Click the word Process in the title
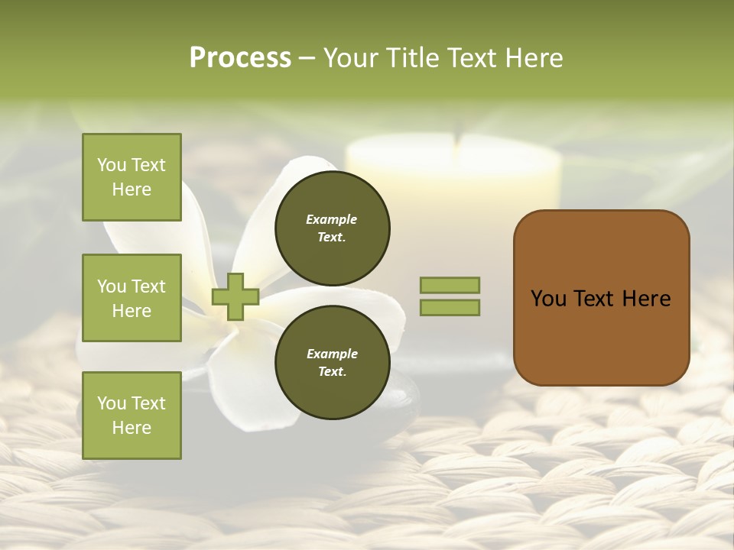[240, 58]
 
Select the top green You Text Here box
[132, 177]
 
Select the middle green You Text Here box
[132, 298]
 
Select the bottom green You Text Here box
[132, 416]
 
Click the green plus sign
[235, 296]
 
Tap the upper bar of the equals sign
[450, 285]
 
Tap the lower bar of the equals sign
[450, 307]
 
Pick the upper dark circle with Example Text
[332, 228]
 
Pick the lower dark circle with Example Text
[332, 362]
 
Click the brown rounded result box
[601, 336]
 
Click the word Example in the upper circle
[332, 219]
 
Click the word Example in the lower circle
[332, 354]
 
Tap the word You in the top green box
[112, 165]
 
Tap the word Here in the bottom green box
[132, 428]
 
